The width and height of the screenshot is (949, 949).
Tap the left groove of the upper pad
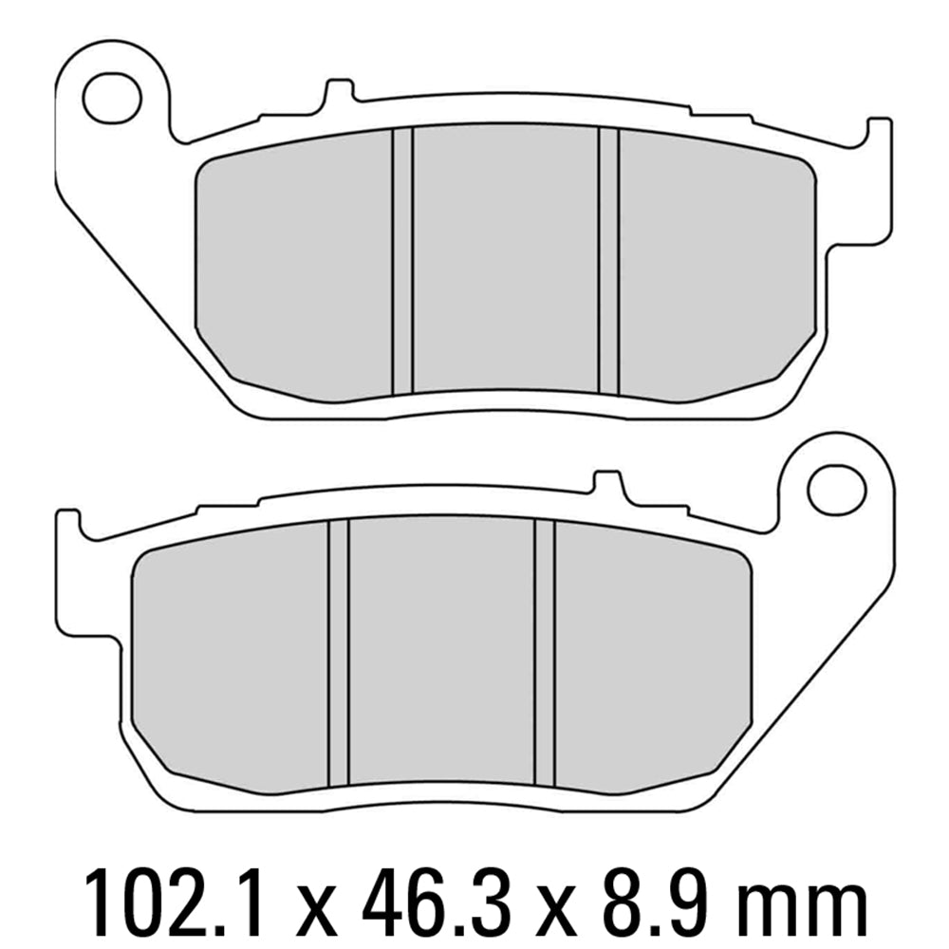pyautogui.click(x=402, y=258)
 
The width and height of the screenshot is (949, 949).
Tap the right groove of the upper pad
pyautogui.click(x=608, y=258)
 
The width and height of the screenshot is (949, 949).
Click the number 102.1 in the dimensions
pyautogui.click(x=170, y=895)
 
